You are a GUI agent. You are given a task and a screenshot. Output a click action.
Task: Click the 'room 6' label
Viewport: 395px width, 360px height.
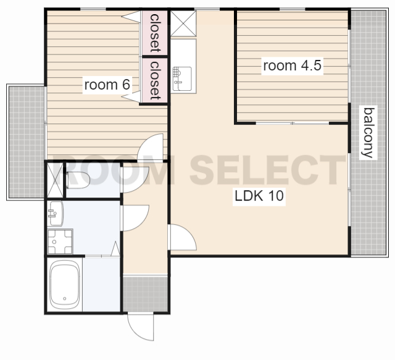coord(107,85)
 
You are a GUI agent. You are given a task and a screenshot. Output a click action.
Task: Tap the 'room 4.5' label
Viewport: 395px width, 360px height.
coord(292,65)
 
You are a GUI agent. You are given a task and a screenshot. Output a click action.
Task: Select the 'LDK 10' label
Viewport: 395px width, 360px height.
coord(259,196)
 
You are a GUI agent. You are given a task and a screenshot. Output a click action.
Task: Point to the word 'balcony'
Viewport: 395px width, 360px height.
coord(368,133)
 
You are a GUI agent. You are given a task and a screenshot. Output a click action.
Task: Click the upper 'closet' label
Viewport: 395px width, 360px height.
coord(155,33)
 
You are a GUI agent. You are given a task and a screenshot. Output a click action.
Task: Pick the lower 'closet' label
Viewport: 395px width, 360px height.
coord(155,80)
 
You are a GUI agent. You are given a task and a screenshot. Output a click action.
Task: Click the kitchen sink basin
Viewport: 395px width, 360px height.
coord(182,78)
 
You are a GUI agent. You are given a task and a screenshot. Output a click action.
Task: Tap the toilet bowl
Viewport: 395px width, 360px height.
coord(78,180)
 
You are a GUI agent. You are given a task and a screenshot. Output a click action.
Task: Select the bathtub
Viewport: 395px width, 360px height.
coord(65,285)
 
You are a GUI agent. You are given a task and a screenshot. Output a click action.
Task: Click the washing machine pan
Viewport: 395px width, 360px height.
coord(60,241)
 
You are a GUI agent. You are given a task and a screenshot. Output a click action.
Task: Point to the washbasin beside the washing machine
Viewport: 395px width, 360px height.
coord(56,214)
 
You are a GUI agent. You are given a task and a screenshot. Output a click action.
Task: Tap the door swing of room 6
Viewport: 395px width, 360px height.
coord(151,147)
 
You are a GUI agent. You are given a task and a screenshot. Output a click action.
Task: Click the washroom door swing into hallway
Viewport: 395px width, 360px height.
coord(135,218)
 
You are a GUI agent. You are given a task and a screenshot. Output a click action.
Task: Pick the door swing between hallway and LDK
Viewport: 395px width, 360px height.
coord(183,237)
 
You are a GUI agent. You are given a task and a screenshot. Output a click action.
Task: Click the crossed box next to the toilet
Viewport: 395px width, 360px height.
coord(56,180)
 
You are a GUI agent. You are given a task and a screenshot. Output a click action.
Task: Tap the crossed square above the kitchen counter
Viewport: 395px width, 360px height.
coord(183,23)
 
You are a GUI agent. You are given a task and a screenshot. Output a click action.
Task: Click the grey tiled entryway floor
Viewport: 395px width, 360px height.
coord(146,294)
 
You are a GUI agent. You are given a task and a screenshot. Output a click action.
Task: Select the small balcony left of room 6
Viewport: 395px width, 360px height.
coord(27,142)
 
